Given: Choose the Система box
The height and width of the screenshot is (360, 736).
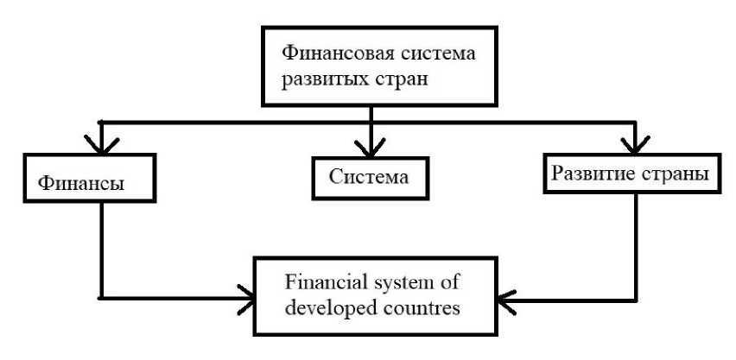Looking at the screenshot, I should click(368, 176).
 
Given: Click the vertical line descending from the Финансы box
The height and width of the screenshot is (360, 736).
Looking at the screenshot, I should click(103, 250).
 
